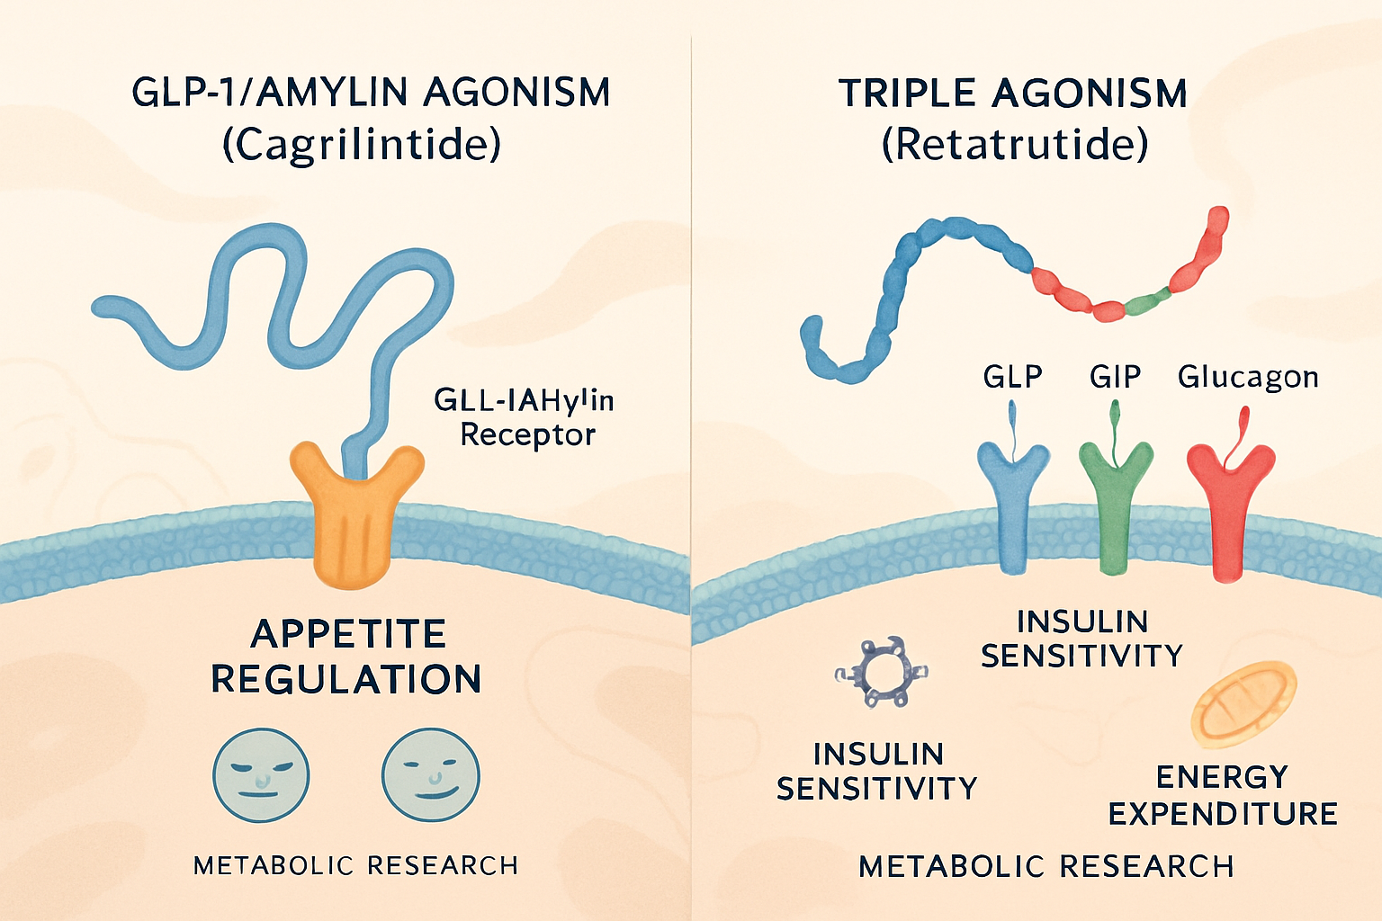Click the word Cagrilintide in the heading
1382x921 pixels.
362,144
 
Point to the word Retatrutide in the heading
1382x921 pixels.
1015,144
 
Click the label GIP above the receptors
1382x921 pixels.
1115,376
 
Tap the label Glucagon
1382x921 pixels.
1248,376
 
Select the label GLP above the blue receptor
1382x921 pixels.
1012,376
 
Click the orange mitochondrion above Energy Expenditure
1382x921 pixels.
1244,703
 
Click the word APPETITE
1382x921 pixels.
348,634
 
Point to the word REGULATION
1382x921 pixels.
346,679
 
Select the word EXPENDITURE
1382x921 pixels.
1223,814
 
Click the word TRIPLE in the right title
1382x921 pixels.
908,94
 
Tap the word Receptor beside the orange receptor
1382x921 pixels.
528,435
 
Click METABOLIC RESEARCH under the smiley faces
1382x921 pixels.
356,865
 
